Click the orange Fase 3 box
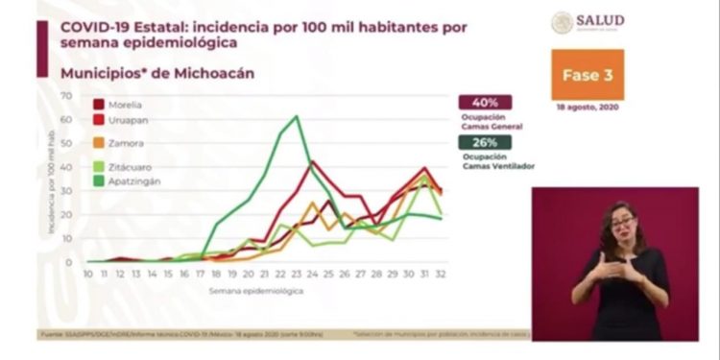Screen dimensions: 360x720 (587, 75)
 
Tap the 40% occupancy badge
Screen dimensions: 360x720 (485, 103)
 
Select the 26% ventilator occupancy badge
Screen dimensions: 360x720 (485, 142)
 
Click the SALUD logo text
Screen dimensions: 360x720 (601, 20)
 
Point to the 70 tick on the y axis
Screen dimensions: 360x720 (67, 95)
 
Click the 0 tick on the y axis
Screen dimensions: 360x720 (69, 261)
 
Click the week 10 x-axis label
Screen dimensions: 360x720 (88, 274)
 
